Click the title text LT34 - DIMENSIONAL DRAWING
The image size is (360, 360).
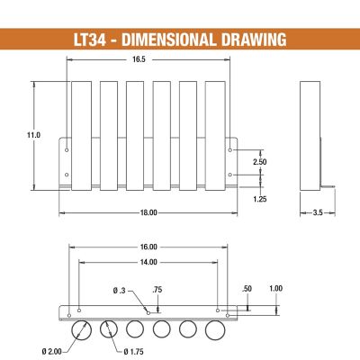(180, 40)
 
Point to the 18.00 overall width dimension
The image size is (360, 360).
(149, 212)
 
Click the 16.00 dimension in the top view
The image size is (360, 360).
(148, 247)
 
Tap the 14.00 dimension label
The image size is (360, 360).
(148, 262)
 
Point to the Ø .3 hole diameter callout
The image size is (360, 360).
(123, 291)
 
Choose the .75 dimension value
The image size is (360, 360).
(157, 289)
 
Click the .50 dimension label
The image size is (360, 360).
(247, 288)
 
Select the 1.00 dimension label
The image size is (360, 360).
(275, 288)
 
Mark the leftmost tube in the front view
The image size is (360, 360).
(81, 135)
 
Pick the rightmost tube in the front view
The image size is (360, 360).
(215, 135)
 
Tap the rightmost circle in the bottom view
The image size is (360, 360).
(215, 328)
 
